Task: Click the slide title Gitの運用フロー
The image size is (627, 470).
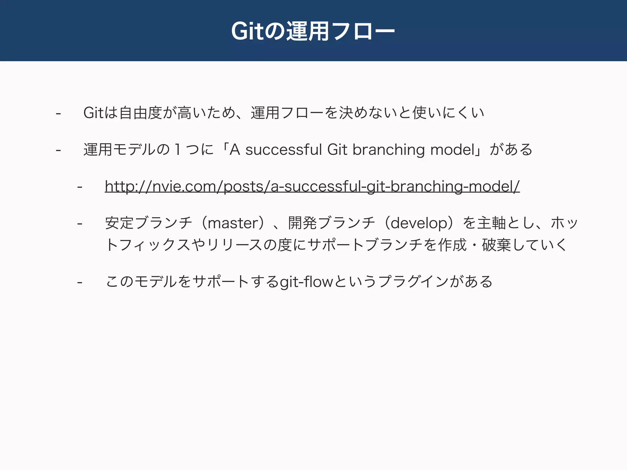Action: (x=313, y=31)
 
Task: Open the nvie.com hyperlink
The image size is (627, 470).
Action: (x=312, y=186)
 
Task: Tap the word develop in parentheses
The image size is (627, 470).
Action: (x=419, y=223)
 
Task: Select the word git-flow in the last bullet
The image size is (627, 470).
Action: (x=306, y=282)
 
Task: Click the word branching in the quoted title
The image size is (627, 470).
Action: (x=389, y=150)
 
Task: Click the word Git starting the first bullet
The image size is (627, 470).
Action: (x=93, y=113)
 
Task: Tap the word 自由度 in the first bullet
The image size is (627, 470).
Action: (x=141, y=113)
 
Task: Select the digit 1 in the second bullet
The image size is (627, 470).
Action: (x=177, y=150)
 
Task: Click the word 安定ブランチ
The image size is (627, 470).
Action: (x=148, y=223)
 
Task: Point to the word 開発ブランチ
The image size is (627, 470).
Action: (x=332, y=223)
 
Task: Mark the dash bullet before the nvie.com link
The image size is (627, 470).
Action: (x=80, y=186)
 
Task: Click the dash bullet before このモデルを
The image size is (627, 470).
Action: (x=80, y=282)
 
